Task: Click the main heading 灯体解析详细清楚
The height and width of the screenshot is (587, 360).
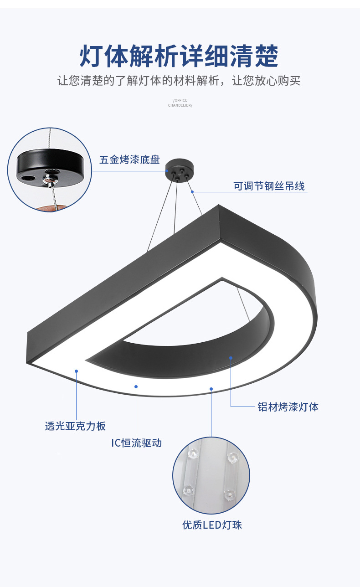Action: point(179,56)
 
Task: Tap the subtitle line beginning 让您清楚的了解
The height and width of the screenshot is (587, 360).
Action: point(179,81)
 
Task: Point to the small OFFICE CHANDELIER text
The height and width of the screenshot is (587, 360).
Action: point(180,103)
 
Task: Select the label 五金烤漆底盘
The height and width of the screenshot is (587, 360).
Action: point(129,160)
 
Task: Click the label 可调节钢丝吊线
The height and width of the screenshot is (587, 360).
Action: point(269,186)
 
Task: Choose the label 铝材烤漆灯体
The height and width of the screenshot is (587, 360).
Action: point(288,407)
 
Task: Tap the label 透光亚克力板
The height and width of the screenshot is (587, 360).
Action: point(75,426)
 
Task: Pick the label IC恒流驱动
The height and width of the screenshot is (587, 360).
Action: point(136,443)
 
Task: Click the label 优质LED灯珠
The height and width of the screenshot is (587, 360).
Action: point(212,525)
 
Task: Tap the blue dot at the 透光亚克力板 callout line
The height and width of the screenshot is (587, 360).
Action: point(77,371)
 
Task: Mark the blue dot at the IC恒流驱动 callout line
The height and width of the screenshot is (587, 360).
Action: point(136,386)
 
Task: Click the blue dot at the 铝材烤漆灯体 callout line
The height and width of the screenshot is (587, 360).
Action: point(231,358)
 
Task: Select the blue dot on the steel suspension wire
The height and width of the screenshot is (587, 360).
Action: point(193,191)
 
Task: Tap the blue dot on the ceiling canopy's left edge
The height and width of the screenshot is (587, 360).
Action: point(167,171)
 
